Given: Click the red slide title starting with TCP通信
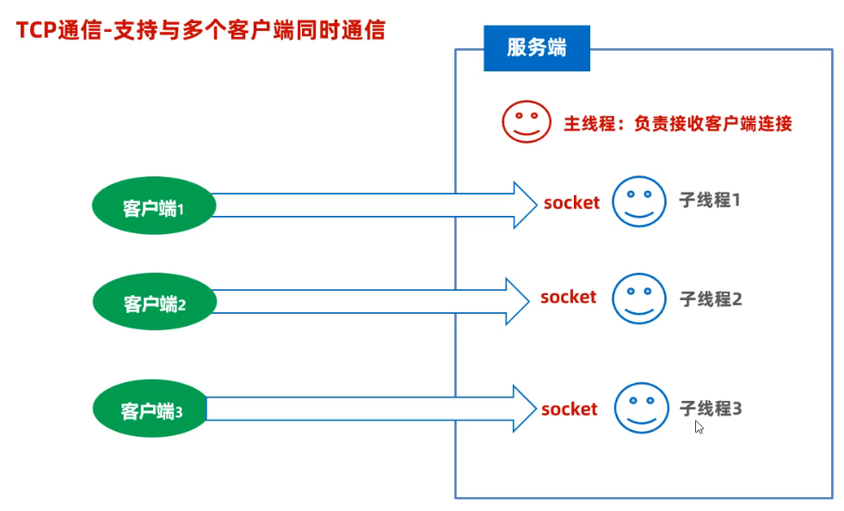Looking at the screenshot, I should click(x=200, y=30).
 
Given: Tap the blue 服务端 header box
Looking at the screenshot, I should click(x=536, y=48).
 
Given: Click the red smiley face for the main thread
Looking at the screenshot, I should click(x=526, y=121).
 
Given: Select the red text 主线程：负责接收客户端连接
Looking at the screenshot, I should click(x=677, y=123).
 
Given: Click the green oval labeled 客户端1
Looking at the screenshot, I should click(x=153, y=206).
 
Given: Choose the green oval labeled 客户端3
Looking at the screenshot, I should click(x=151, y=410).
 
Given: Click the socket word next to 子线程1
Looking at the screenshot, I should click(x=571, y=204).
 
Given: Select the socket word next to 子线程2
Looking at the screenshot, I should click(x=568, y=298).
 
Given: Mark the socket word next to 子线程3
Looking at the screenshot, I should click(x=569, y=409).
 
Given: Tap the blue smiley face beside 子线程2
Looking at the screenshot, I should click(x=639, y=299).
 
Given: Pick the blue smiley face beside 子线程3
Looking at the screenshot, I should click(x=642, y=408).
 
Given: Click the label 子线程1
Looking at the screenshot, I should click(x=710, y=200).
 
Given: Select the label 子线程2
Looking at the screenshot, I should click(x=711, y=299).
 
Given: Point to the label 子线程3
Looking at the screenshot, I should click(x=711, y=408).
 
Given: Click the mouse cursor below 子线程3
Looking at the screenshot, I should click(x=699, y=427).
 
